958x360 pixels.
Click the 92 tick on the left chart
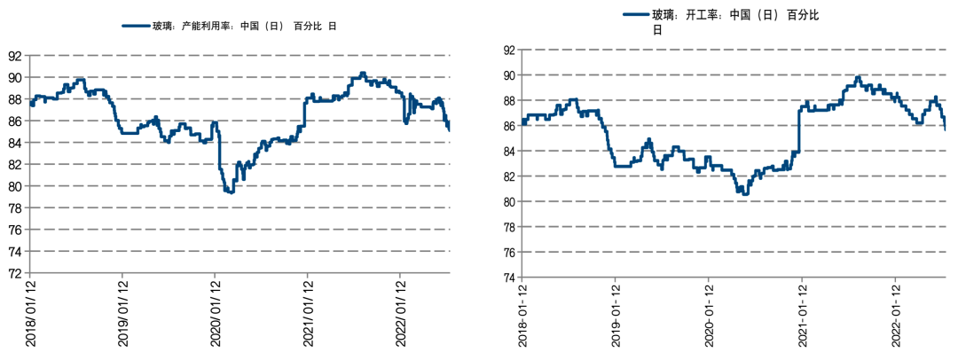(16, 55)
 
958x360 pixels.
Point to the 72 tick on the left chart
(16, 273)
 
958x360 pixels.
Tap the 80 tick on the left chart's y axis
(16, 186)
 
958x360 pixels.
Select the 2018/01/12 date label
(30, 316)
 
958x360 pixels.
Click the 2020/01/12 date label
(214, 316)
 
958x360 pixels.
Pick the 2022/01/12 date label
(399, 316)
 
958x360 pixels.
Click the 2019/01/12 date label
(122, 316)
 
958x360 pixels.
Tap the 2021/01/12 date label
(307, 316)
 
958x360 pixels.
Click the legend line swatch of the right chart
(636, 15)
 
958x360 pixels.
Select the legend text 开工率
(700, 15)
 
